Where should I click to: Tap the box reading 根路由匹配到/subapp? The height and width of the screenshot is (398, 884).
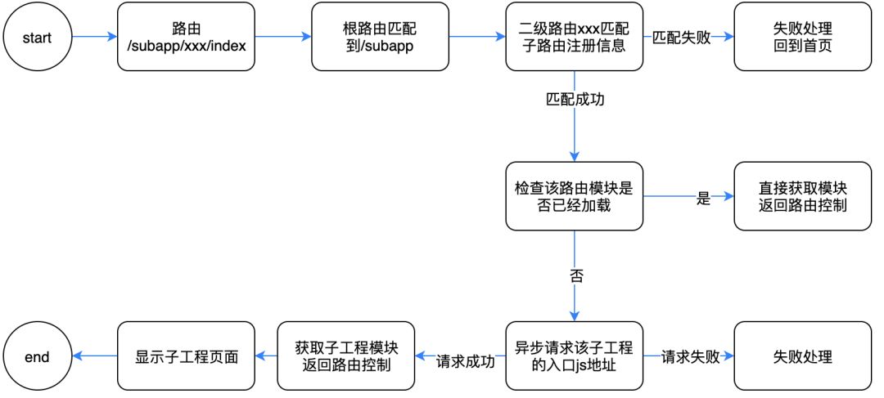coord(380,37)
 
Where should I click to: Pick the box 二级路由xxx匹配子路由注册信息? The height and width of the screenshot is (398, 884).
coord(574,37)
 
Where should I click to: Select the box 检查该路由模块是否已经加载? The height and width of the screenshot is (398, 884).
coord(574,197)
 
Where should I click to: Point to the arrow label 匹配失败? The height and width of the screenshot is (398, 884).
coord(681,38)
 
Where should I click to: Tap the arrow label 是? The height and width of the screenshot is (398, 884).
coord(702,198)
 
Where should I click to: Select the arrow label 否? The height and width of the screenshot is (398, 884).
coord(575,275)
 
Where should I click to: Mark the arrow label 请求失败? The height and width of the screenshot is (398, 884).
coord(690,357)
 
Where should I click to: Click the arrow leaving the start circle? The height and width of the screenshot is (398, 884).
coord(94,37)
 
